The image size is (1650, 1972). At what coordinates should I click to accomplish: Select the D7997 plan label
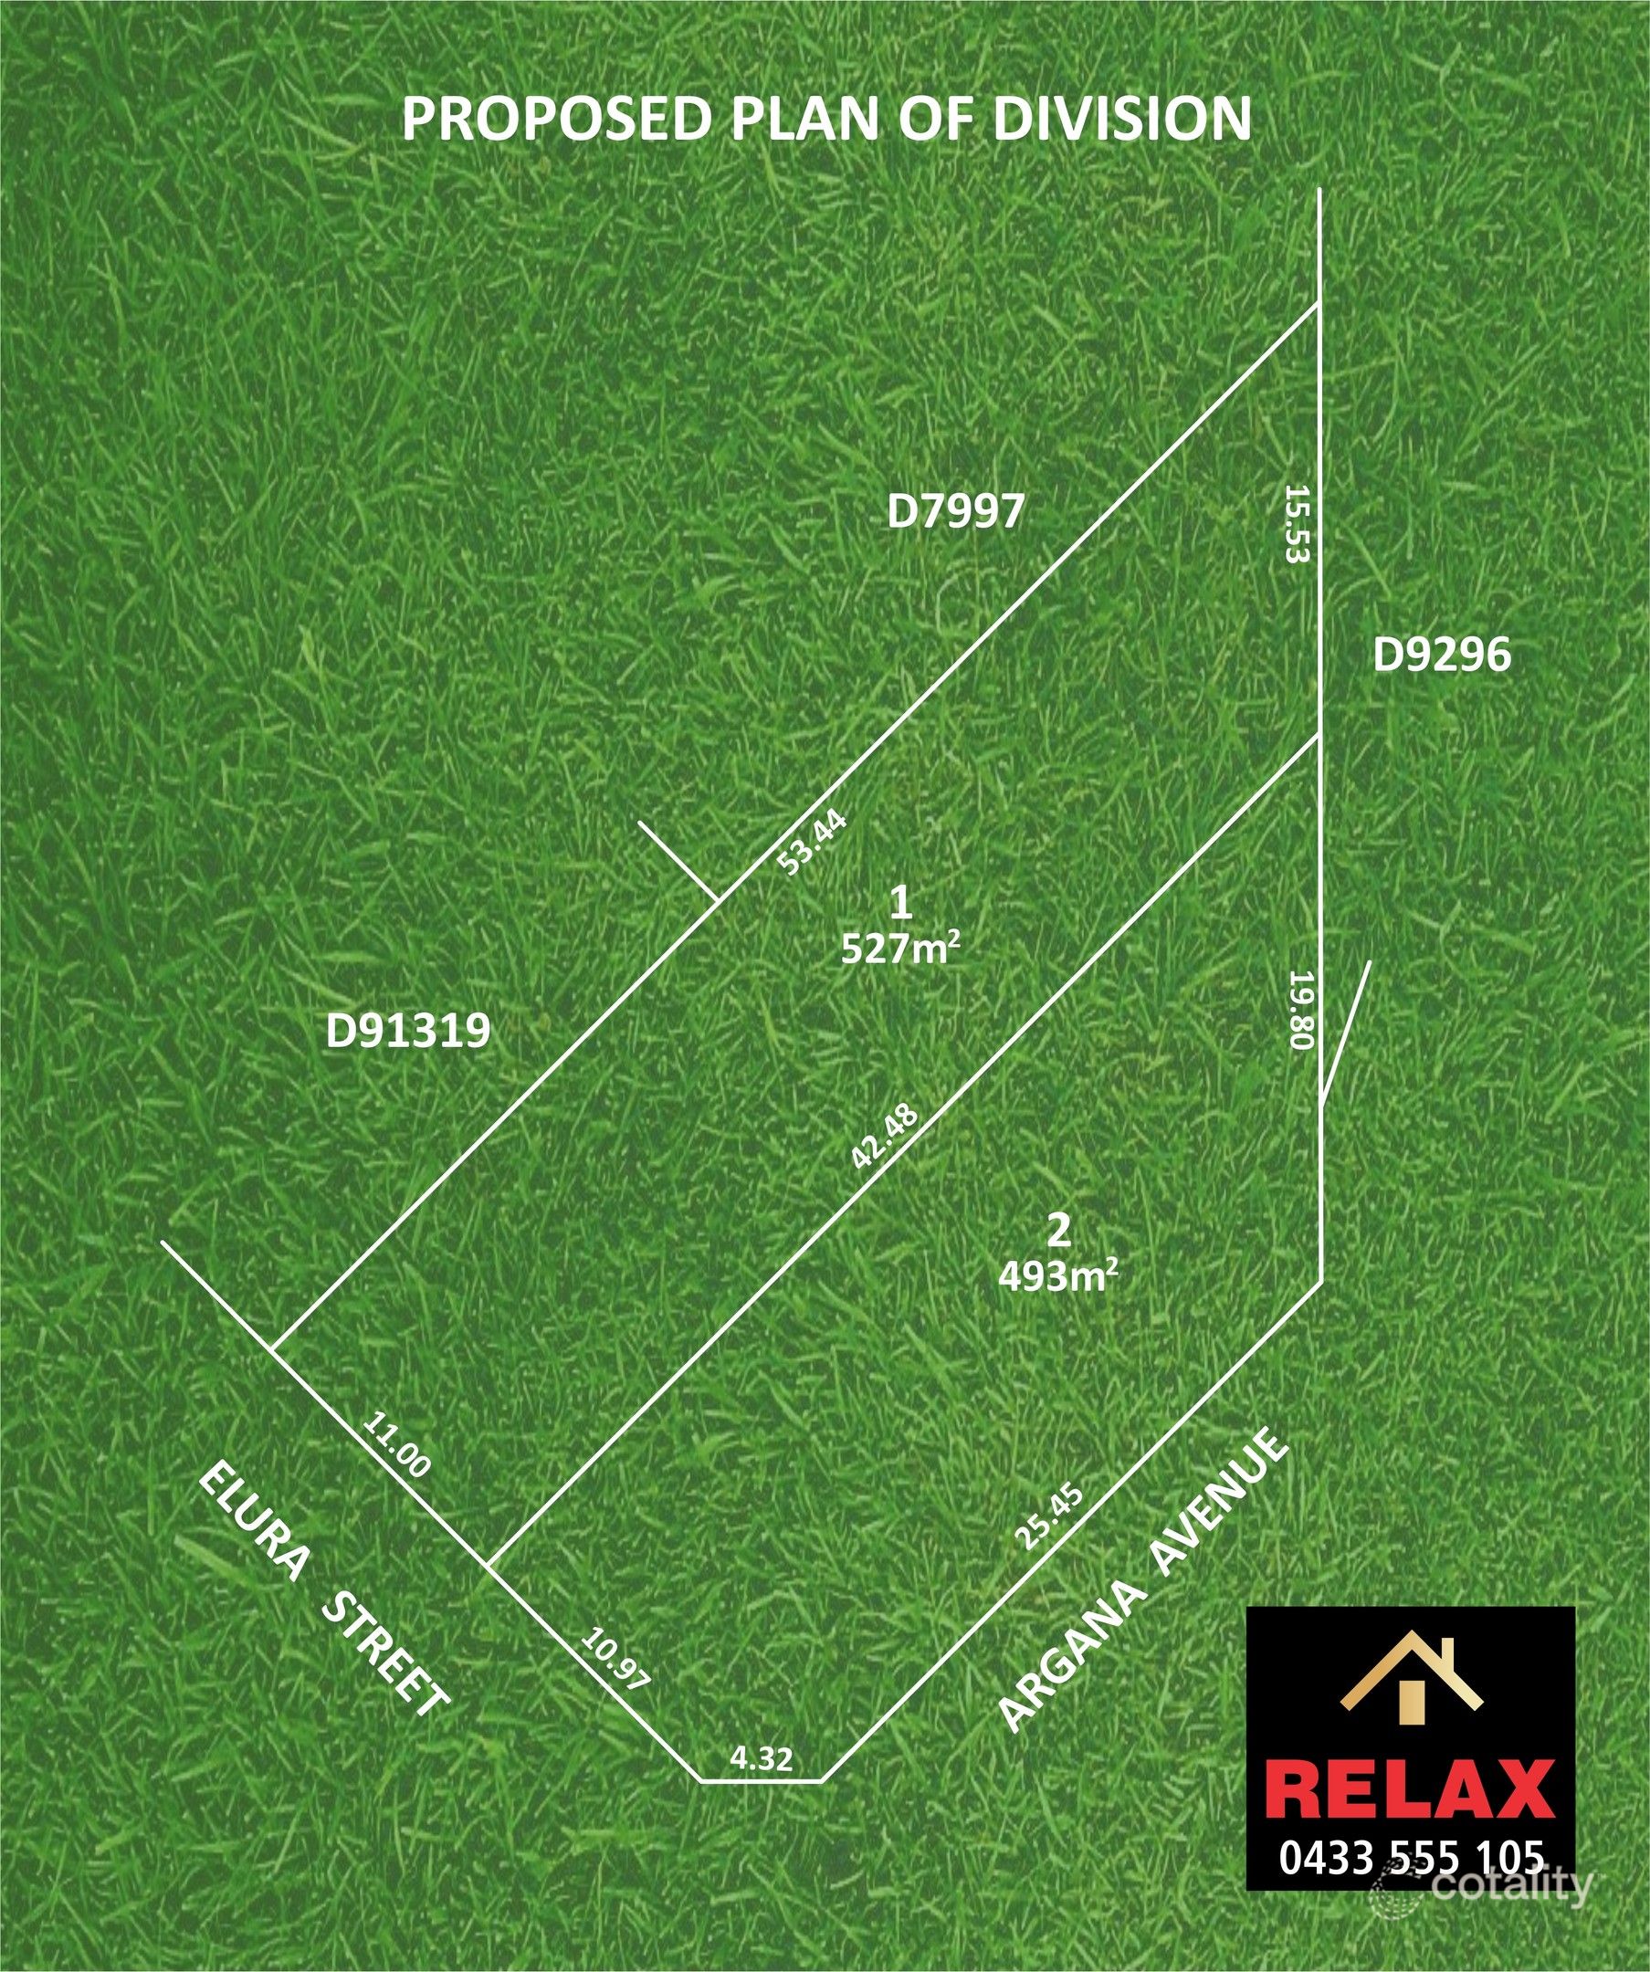point(956,513)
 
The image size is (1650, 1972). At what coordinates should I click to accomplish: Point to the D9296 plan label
point(1443,656)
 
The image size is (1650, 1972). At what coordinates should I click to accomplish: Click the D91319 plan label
point(408,1032)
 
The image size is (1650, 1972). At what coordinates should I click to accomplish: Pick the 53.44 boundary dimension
point(814,843)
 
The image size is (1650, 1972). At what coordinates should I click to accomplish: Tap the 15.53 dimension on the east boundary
point(1297,524)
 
